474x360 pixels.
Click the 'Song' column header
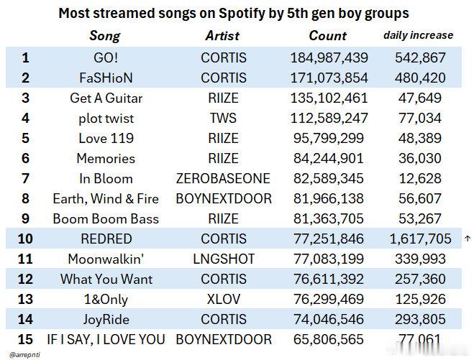tap(105, 36)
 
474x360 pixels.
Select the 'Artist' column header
tap(222, 36)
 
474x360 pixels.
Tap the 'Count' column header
tap(328, 36)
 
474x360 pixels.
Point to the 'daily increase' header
tap(419, 35)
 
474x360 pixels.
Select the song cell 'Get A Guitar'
tap(106, 98)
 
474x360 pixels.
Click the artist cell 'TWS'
tap(223, 118)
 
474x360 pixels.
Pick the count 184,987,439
tap(329, 57)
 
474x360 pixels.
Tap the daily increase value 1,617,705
tap(420, 239)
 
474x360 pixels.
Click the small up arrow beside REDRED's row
tap(468, 239)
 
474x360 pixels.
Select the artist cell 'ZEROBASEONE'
tap(223, 178)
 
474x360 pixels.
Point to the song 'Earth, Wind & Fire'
tap(106, 199)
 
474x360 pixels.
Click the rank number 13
tap(25, 300)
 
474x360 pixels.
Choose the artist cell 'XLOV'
tap(224, 300)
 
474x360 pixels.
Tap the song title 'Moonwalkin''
tap(106, 259)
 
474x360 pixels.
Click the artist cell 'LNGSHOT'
tap(224, 259)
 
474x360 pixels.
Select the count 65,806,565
tap(329, 339)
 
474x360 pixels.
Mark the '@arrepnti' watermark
tap(24, 354)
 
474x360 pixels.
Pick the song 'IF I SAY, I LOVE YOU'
tap(106, 340)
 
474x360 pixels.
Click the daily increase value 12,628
tap(420, 178)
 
